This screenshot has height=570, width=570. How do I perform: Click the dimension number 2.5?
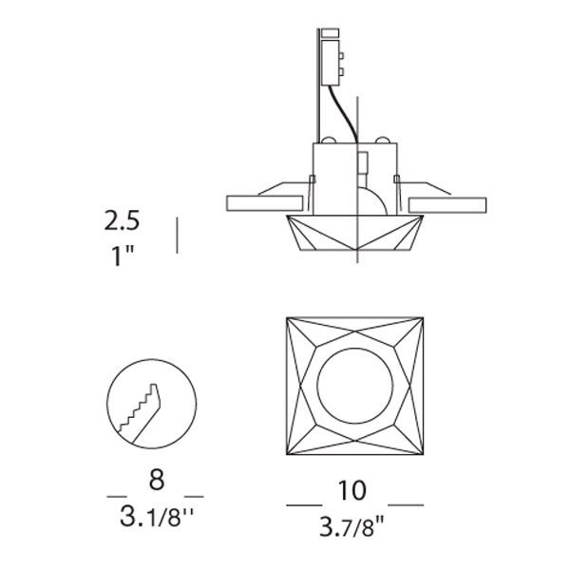point(122,220)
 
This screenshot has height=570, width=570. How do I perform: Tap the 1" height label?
point(123,256)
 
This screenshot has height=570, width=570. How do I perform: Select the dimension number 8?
point(157,480)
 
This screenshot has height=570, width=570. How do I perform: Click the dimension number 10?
point(352,490)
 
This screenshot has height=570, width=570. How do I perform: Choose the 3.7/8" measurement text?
point(351,526)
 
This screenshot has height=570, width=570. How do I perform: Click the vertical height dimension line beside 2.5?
point(177,236)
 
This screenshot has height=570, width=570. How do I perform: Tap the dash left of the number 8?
point(117,496)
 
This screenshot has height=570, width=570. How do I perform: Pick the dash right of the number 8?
point(194,496)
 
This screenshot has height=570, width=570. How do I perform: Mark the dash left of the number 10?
point(304,505)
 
